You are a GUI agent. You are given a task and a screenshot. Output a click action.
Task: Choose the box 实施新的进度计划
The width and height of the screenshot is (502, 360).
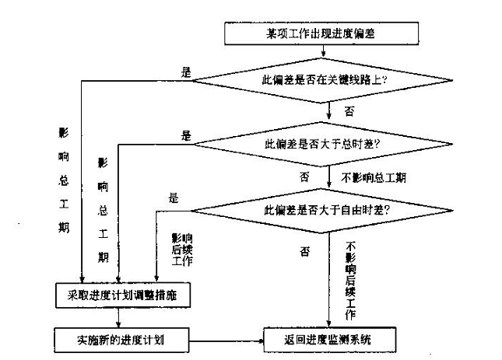[120, 339]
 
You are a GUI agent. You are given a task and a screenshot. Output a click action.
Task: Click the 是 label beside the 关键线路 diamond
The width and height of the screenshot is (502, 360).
[185, 72]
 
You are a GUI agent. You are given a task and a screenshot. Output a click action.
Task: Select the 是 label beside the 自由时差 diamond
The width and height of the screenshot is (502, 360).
[173, 197]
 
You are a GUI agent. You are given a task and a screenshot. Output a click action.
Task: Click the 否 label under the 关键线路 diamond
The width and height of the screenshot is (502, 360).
[349, 111]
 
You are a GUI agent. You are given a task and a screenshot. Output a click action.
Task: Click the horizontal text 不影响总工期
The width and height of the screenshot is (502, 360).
[374, 177]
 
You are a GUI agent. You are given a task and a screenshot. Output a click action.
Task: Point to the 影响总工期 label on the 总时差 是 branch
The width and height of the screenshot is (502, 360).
[102, 210]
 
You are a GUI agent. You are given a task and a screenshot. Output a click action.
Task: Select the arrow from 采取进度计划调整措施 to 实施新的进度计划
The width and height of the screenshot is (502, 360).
[118, 317]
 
